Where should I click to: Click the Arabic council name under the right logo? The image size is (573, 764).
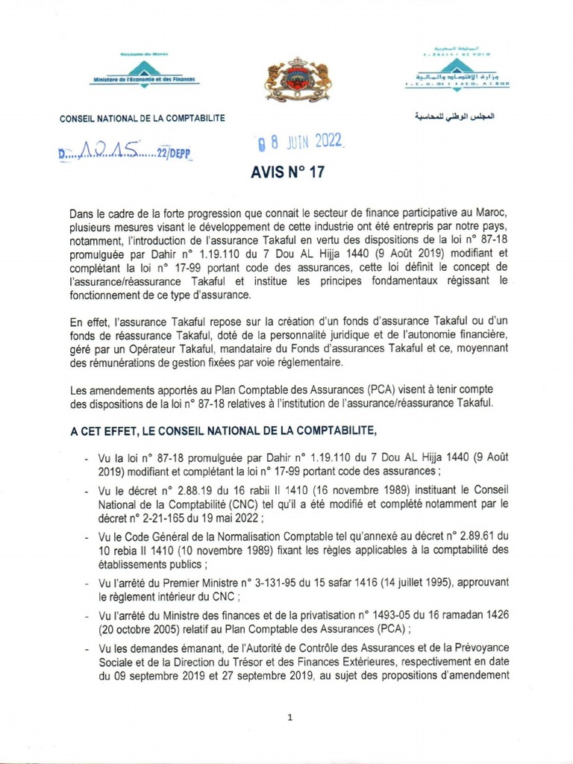pos(453,118)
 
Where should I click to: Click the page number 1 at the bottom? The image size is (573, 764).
pos(289,718)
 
